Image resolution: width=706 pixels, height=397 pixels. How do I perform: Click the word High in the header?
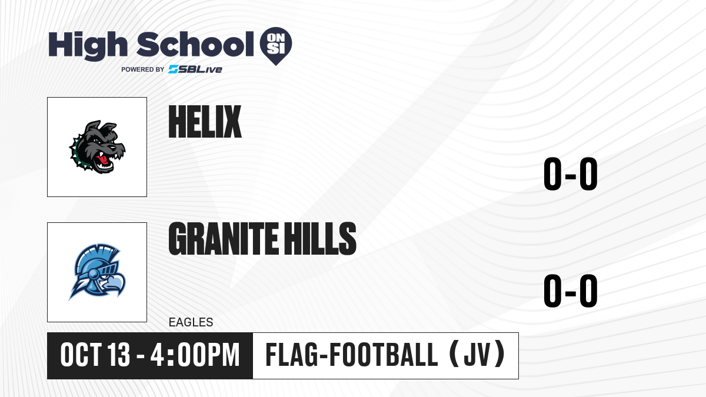pos(88,45)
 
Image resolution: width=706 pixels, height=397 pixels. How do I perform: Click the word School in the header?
pos(195,44)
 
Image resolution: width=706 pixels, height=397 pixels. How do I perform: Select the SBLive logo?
pos(195,69)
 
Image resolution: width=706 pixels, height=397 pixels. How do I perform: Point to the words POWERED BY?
pos(142,69)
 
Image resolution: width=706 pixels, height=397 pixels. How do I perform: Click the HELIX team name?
pos(205,122)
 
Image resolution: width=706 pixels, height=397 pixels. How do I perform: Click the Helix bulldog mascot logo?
pos(97,147)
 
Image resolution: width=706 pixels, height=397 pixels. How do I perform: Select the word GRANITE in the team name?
pos(224,239)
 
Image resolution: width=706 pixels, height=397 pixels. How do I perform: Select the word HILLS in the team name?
pos(319,239)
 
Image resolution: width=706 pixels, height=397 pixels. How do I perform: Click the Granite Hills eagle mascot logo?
pos(97,272)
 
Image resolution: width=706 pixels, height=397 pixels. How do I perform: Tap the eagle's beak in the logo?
pos(115,285)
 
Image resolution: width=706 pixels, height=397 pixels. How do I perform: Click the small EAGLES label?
pos(191,322)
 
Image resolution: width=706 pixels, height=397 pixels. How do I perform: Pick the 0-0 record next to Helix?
pos(571,174)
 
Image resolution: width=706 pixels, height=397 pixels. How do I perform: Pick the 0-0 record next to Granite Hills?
pos(571,291)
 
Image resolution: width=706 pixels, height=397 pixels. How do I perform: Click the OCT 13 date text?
pos(95,355)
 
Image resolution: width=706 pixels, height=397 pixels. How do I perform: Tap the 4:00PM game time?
pos(195,355)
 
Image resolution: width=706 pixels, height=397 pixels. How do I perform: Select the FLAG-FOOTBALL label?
pos(352,355)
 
